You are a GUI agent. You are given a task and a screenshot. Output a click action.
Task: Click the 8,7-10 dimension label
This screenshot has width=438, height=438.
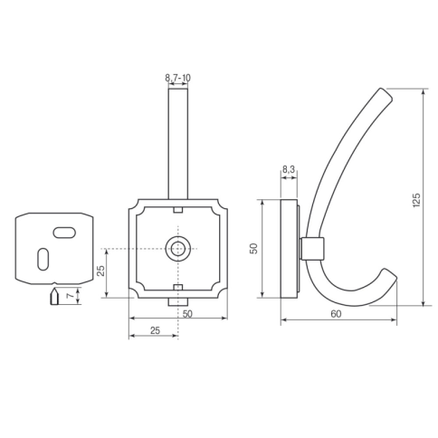177,78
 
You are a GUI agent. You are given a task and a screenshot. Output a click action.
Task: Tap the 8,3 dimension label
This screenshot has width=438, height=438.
289,170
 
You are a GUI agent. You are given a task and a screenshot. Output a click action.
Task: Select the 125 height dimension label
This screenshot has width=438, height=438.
416,200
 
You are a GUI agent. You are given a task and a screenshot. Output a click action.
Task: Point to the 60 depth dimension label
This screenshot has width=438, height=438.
336,314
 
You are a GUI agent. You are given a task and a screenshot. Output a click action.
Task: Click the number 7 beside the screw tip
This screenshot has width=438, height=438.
71,296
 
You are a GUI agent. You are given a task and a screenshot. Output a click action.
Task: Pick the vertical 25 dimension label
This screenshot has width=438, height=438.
101,271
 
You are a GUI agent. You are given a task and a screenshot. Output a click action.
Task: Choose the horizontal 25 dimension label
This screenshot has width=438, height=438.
155,330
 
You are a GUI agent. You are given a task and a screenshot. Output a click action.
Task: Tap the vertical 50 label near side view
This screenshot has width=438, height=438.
254,248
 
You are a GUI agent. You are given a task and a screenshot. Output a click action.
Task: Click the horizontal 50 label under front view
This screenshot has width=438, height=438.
187,314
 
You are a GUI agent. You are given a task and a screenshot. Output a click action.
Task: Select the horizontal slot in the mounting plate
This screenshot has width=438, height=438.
64,233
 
